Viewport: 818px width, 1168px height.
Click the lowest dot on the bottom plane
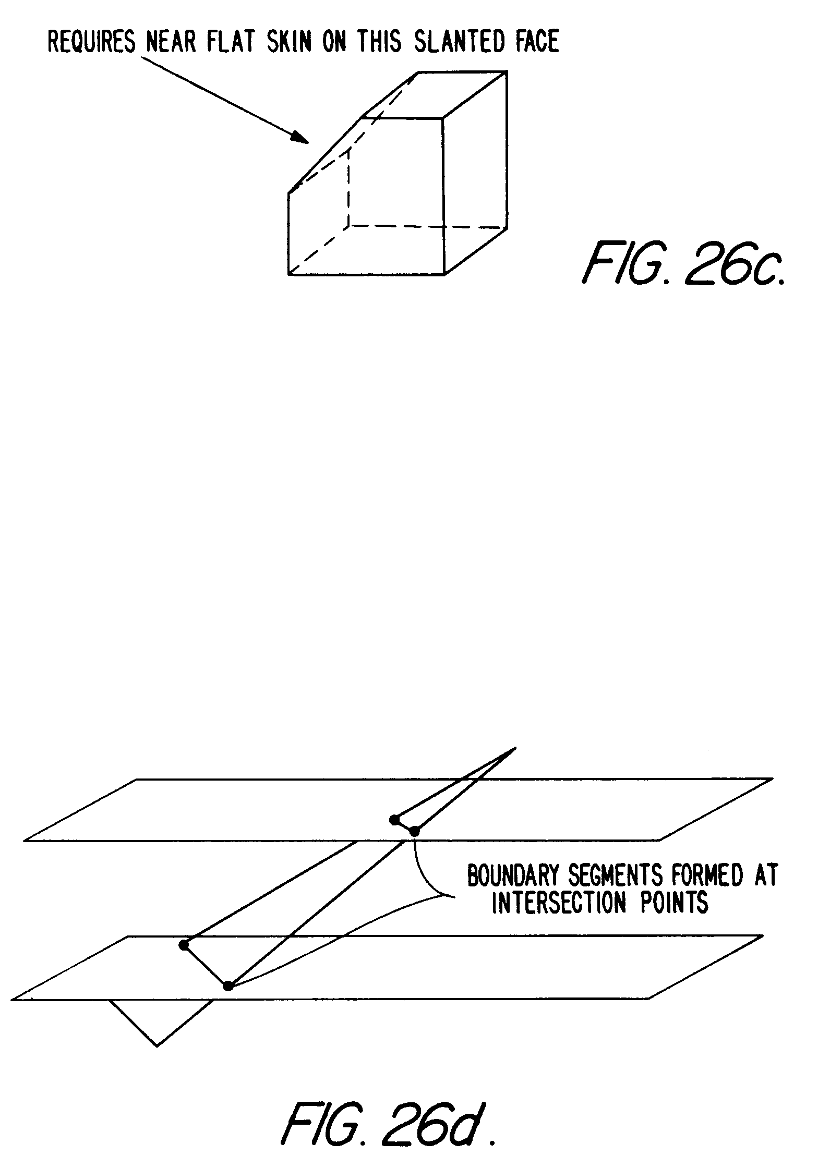click(227, 986)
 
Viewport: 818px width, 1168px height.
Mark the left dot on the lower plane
click(183, 945)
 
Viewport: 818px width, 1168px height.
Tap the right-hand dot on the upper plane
click(414, 831)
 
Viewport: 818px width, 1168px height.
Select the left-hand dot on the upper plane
click(394, 820)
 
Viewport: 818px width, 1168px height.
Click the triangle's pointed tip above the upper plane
click(515, 749)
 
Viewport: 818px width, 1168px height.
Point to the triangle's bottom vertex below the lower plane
click(157, 1045)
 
